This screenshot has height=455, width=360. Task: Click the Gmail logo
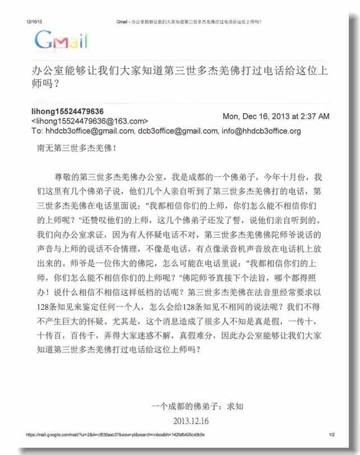tap(61, 40)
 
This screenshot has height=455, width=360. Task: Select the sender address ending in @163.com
tap(90, 121)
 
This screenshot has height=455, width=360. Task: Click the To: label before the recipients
tap(38, 131)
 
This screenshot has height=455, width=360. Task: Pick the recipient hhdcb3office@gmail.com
tap(90, 131)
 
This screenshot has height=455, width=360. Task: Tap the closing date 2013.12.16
tap(191, 420)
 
